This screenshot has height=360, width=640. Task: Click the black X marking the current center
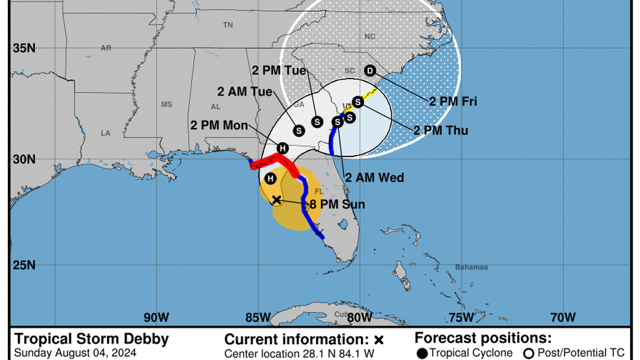click(x=276, y=199)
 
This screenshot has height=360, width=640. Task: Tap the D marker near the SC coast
click(x=369, y=70)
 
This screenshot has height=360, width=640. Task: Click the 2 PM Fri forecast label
click(x=453, y=102)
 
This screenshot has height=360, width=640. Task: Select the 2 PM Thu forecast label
click(x=441, y=130)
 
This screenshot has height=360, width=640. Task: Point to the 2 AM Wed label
click(x=374, y=177)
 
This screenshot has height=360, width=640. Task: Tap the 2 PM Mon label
click(x=219, y=125)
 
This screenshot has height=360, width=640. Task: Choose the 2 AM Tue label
click(x=245, y=92)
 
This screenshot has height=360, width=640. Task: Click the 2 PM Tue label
click(x=279, y=71)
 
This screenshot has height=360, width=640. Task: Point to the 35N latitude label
click(x=24, y=48)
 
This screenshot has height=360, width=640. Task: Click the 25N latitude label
click(x=24, y=265)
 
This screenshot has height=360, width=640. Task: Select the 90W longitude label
click(x=156, y=317)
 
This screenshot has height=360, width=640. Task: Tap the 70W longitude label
click(x=563, y=317)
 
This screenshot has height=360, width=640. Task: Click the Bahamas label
click(x=472, y=267)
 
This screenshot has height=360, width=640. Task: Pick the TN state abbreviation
click(x=228, y=25)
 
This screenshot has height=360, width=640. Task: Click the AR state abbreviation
click(x=106, y=48)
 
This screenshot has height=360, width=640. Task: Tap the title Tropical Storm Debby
click(x=91, y=339)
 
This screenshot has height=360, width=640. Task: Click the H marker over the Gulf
click(x=271, y=179)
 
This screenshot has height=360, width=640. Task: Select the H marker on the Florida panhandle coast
click(x=283, y=148)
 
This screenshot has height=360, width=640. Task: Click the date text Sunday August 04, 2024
click(x=75, y=354)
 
